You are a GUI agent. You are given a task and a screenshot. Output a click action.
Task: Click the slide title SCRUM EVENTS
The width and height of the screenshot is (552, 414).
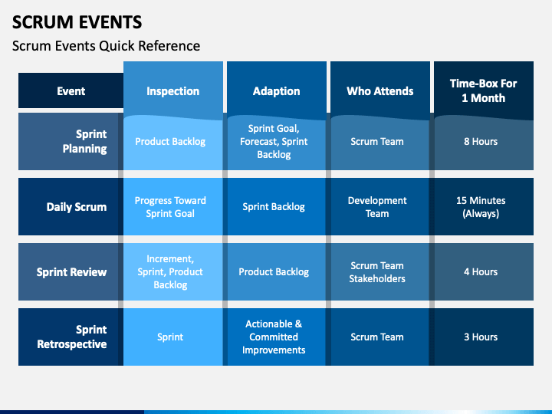click(77, 22)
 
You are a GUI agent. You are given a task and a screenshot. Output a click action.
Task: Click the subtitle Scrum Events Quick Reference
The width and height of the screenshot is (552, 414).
click(106, 46)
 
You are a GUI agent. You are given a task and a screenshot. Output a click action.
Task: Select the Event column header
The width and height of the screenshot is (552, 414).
click(71, 90)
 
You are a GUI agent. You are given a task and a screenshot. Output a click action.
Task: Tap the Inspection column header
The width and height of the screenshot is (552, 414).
click(172, 90)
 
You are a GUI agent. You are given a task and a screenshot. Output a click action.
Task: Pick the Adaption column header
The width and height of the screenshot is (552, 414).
click(276, 90)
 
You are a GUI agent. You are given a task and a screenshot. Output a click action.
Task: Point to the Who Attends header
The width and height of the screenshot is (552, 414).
click(379, 90)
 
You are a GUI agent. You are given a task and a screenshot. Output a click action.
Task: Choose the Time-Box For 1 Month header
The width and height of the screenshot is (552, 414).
click(483, 90)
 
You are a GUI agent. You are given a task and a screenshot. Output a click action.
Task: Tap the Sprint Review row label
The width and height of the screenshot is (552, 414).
click(71, 271)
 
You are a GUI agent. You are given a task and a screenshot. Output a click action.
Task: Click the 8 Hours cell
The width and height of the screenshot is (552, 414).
click(483, 142)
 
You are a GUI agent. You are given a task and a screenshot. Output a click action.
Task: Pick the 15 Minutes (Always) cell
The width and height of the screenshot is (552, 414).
click(483, 207)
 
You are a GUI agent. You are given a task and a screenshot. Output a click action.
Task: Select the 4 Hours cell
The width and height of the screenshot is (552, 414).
click(483, 271)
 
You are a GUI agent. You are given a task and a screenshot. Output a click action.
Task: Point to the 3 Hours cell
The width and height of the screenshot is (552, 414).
click(483, 337)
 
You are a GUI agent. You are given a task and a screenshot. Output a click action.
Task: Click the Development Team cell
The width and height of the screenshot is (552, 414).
click(379, 207)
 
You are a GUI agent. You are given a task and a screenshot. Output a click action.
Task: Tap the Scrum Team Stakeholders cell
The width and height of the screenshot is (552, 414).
click(379, 271)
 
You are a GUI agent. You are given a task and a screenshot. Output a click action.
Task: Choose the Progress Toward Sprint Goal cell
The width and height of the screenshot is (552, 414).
click(172, 207)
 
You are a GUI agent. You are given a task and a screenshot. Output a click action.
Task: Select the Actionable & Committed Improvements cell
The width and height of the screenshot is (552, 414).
click(276, 337)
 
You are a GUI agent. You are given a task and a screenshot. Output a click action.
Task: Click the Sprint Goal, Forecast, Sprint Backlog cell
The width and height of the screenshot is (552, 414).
click(276, 142)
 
